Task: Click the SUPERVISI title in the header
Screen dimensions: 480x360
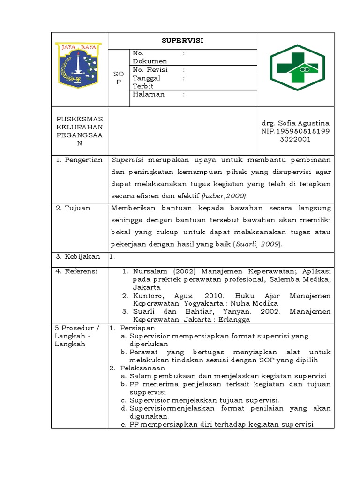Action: tap(182, 40)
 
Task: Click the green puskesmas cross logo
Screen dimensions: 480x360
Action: tap(296, 68)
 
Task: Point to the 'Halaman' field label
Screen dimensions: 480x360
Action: tap(149, 94)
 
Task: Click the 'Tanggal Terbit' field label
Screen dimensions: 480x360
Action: tap(146, 82)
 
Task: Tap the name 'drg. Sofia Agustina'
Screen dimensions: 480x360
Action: tap(296, 123)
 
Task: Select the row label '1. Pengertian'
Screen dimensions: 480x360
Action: tap(79, 160)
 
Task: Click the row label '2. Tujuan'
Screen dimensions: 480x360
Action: tap(74, 208)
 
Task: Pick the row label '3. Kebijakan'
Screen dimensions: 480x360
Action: tap(78, 256)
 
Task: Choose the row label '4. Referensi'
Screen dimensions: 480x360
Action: tap(77, 271)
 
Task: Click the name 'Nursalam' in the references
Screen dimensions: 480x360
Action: tap(150, 271)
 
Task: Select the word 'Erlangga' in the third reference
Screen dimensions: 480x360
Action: tap(234, 320)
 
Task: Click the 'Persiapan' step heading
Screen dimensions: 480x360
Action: tap(137, 328)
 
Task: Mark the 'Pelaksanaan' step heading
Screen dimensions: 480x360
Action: tap(141, 368)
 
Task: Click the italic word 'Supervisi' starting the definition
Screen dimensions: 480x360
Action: tap(127, 160)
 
